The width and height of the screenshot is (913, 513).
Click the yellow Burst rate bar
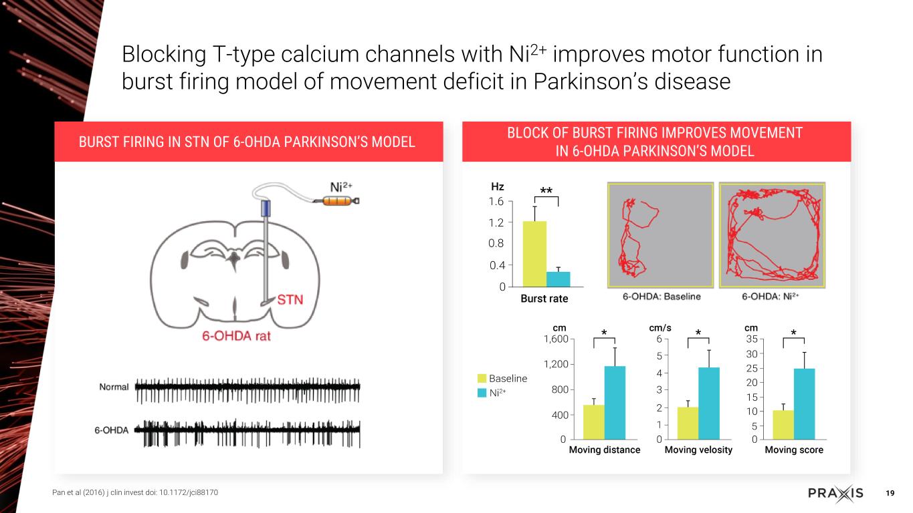click(x=534, y=254)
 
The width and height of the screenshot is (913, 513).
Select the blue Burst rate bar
click(x=558, y=279)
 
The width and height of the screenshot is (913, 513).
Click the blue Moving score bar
click(x=805, y=404)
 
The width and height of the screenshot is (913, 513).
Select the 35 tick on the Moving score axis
click(x=752, y=339)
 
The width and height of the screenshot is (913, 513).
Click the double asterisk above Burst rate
click(x=546, y=191)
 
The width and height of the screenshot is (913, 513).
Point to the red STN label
click(x=290, y=300)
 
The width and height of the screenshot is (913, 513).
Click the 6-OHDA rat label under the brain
click(x=237, y=336)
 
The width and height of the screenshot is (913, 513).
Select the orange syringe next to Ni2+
click(x=341, y=200)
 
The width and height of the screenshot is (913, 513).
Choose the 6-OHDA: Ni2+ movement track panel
click(x=772, y=235)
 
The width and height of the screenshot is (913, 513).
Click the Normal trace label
click(x=114, y=387)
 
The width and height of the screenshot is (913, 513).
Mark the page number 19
click(x=890, y=493)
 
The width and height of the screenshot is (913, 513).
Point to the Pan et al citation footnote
click(x=134, y=492)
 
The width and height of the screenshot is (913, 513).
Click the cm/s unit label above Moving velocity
click(x=660, y=328)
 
